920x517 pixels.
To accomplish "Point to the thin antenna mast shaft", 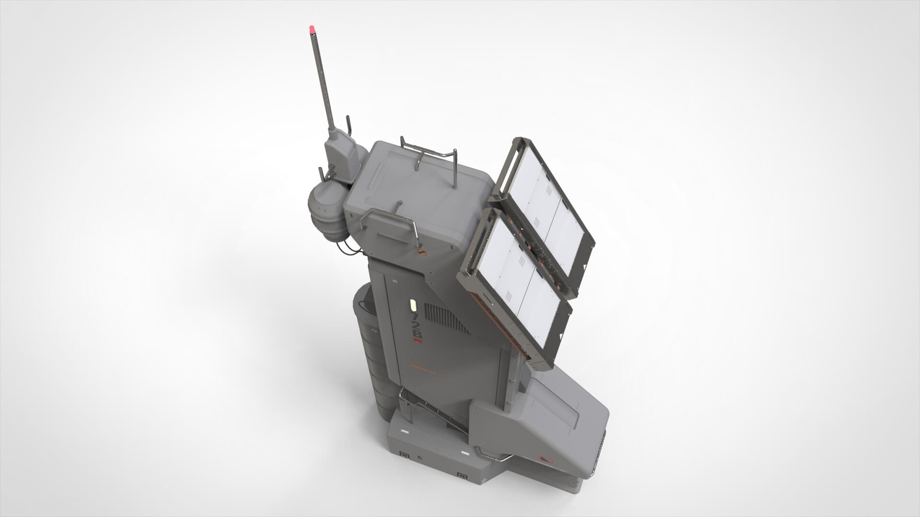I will pos(322,81).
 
